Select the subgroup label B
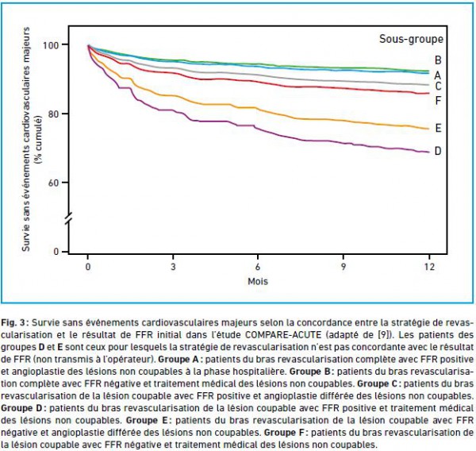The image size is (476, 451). click(437, 60)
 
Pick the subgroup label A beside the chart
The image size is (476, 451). click(437, 74)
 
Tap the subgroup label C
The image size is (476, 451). click(437, 86)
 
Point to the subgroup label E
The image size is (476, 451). click(437, 128)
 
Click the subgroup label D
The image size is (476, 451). click(437, 151)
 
